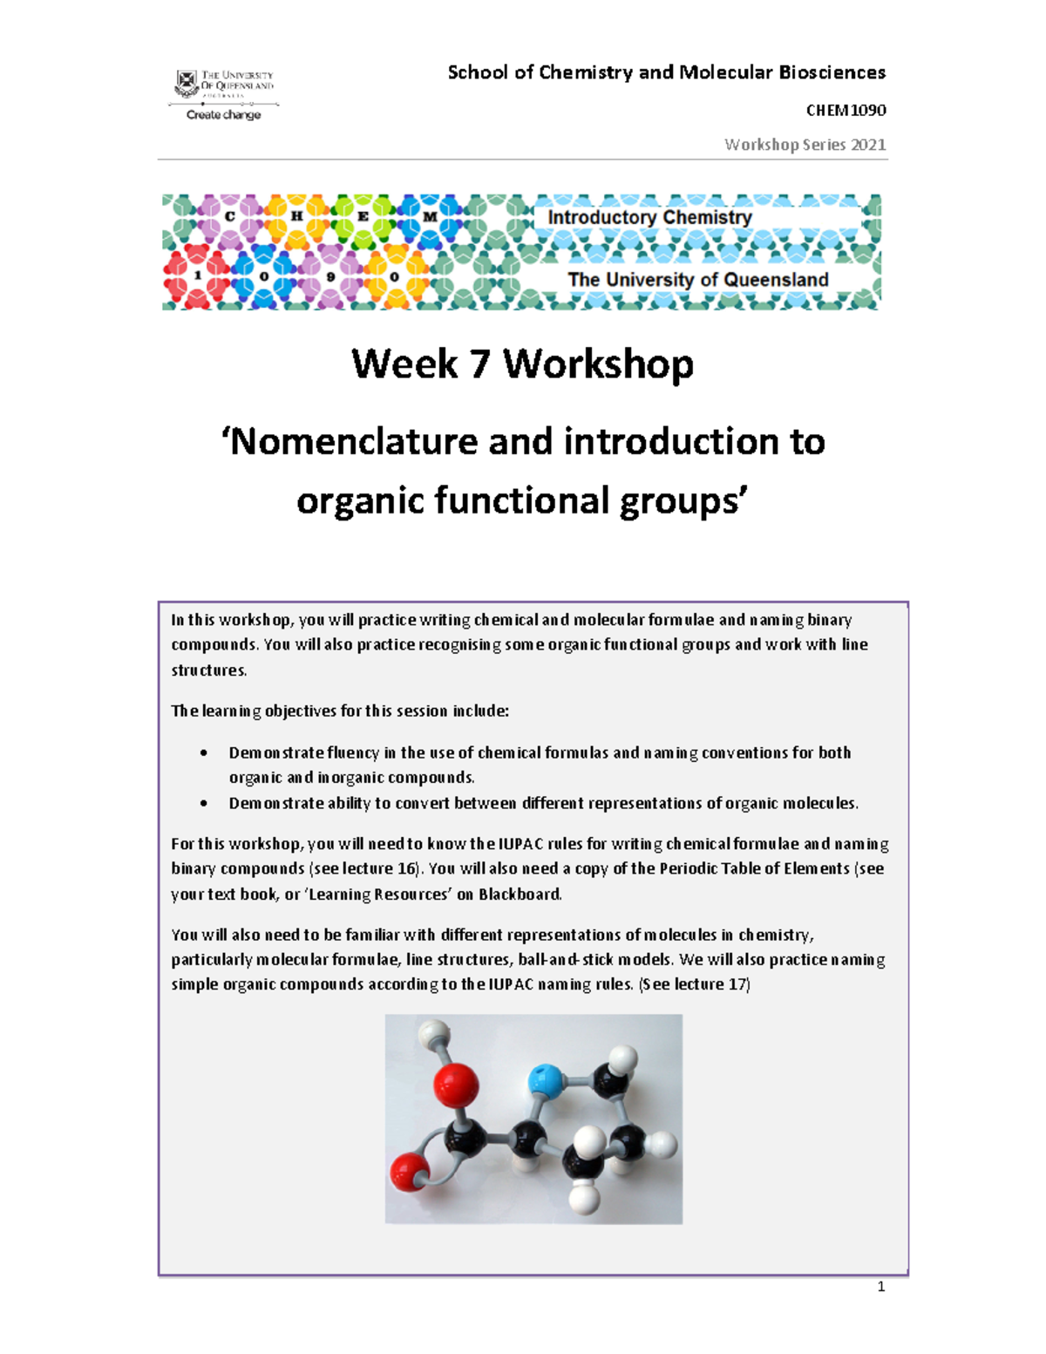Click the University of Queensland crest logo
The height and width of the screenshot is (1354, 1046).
pyautogui.click(x=187, y=84)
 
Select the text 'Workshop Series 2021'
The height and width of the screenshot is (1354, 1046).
pyautogui.click(x=805, y=145)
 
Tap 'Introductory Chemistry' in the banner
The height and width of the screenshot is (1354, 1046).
pyautogui.click(x=649, y=217)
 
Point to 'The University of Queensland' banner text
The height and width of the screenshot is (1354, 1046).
pyautogui.click(x=697, y=280)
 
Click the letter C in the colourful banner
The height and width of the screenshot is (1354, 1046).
pyautogui.click(x=230, y=216)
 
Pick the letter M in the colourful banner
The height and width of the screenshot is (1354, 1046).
pyautogui.click(x=430, y=216)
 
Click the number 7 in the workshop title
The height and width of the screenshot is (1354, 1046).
pyautogui.click(x=479, y=364)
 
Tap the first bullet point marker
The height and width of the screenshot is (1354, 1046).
pyautogui.click(x=203, y=752)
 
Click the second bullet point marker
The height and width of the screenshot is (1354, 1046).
pyautogui.click(x=203, y=803)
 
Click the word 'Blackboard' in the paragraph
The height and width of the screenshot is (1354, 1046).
pyautogui.click(x=520, y=894)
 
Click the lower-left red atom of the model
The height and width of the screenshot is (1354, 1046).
pyautogui.click(x=407, y=1173)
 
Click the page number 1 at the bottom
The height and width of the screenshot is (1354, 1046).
pyautogui.click(x=881, y=1287)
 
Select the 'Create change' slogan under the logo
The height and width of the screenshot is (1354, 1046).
pyautogui.click(x=223, y=114)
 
